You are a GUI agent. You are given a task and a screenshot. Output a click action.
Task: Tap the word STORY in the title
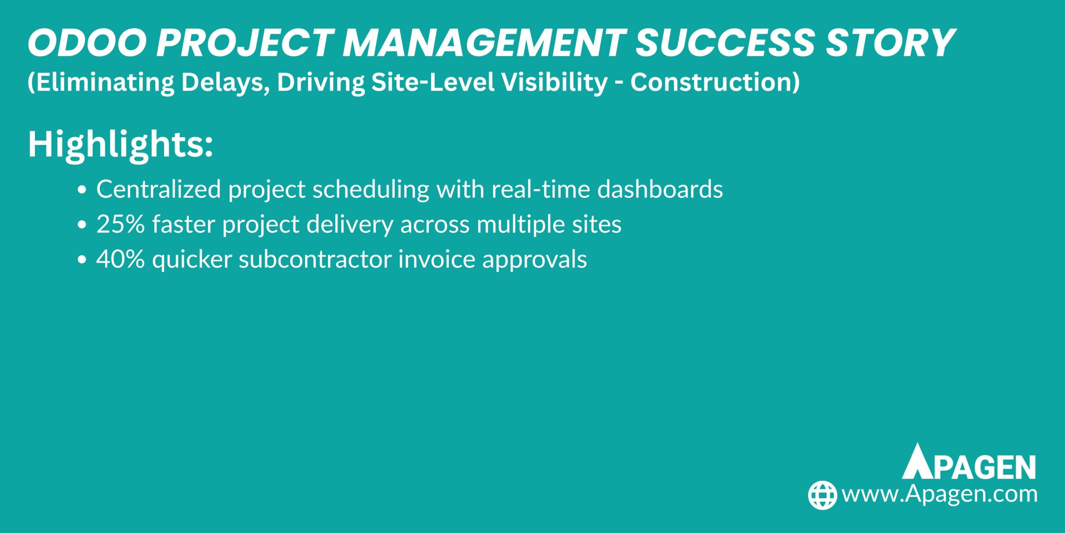[890, 43]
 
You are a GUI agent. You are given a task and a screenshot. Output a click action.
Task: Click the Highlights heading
[120, 144]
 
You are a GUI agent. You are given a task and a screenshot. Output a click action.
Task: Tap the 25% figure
[121, 224]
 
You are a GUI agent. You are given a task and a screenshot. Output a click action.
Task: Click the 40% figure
[121, 259]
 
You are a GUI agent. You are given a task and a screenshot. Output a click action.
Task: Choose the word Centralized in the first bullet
[159, 189]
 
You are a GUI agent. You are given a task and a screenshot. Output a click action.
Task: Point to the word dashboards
[660, 189]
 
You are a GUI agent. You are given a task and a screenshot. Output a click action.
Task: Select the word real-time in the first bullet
[541, 189]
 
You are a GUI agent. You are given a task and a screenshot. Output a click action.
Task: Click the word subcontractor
[315, 259]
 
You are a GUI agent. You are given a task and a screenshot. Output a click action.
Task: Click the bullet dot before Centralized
[82, 190]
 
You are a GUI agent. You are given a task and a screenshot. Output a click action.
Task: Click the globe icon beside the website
[822, 495]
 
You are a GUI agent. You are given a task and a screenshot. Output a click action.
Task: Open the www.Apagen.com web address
[939, 494]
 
